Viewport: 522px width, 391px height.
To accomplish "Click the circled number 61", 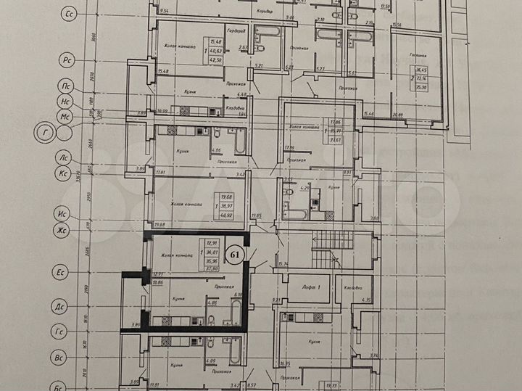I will [233, 255].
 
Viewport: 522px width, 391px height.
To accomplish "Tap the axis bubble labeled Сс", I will [70, 14].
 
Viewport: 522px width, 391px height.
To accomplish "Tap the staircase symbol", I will [324, 255].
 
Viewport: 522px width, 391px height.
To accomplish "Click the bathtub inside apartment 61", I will [236, 313].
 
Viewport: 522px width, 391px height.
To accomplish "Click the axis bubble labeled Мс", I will [65, 116].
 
